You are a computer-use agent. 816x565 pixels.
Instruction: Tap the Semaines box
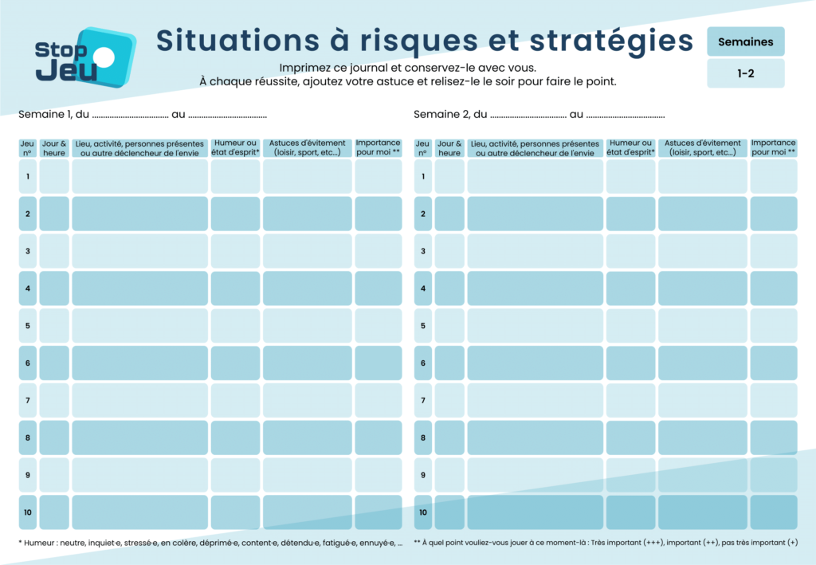tap(745, 41)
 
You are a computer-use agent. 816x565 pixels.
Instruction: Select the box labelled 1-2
tap(745, 73)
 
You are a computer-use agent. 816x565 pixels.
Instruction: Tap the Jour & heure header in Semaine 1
tap(54, 148)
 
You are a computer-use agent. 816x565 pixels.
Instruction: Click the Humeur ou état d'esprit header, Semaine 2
tap(630, 148)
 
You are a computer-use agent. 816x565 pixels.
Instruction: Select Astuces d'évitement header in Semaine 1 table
tap(307, 148)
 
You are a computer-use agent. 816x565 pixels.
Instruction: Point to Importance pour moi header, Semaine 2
tap(773, 148)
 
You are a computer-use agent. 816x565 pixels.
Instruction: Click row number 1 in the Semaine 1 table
tap(28, 176)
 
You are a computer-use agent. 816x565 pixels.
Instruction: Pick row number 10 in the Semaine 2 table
tap(423, 512)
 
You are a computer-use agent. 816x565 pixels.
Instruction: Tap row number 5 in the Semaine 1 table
tap(28, 325)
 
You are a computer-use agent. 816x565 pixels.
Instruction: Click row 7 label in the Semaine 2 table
tap(423, 400)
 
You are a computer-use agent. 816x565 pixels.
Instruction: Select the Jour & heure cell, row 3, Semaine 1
tap(54, 251)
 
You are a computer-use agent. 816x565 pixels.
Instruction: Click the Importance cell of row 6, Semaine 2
tap(773, 363)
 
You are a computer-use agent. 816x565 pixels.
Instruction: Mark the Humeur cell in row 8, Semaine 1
tap(235, 437)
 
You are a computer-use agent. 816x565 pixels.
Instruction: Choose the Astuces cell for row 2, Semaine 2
tap(702, 214)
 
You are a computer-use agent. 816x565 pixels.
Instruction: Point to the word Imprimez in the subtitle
tap(306, 68)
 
